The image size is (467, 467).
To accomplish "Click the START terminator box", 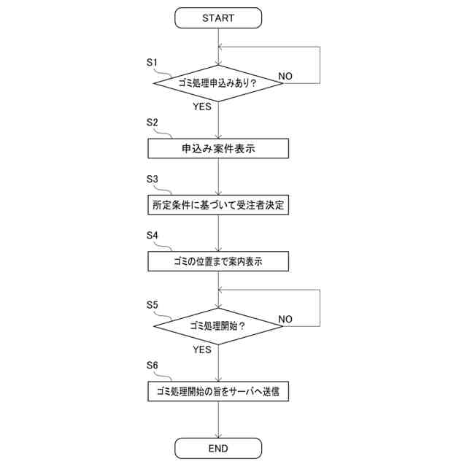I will point(218,18).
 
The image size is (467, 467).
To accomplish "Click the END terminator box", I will point(218,448).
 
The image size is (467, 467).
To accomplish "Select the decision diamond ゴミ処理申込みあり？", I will point(218,83).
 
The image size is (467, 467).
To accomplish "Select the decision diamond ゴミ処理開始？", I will point(218,325).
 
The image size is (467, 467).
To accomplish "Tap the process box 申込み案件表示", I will point(218,148).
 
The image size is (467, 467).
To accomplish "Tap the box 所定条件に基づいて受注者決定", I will point(218,205).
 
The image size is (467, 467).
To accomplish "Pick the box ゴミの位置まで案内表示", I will point(218,261).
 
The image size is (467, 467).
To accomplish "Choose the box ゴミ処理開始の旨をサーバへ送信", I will point(218,391).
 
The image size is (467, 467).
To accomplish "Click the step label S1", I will point(153,63).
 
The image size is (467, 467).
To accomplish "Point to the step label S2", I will point(153,122).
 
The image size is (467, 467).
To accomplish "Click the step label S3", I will point(153,179).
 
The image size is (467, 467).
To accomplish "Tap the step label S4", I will point(153,235).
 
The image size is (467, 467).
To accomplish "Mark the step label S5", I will point(153,304).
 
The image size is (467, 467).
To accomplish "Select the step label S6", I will point(153,364).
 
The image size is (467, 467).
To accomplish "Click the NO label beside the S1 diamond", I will point(285,76).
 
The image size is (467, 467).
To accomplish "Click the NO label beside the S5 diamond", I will point(285,319).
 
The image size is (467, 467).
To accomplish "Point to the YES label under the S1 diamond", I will point(202,107).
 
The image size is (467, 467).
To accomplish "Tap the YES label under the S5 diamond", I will point(202,350).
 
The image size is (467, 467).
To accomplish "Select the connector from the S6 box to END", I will point(218,420).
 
